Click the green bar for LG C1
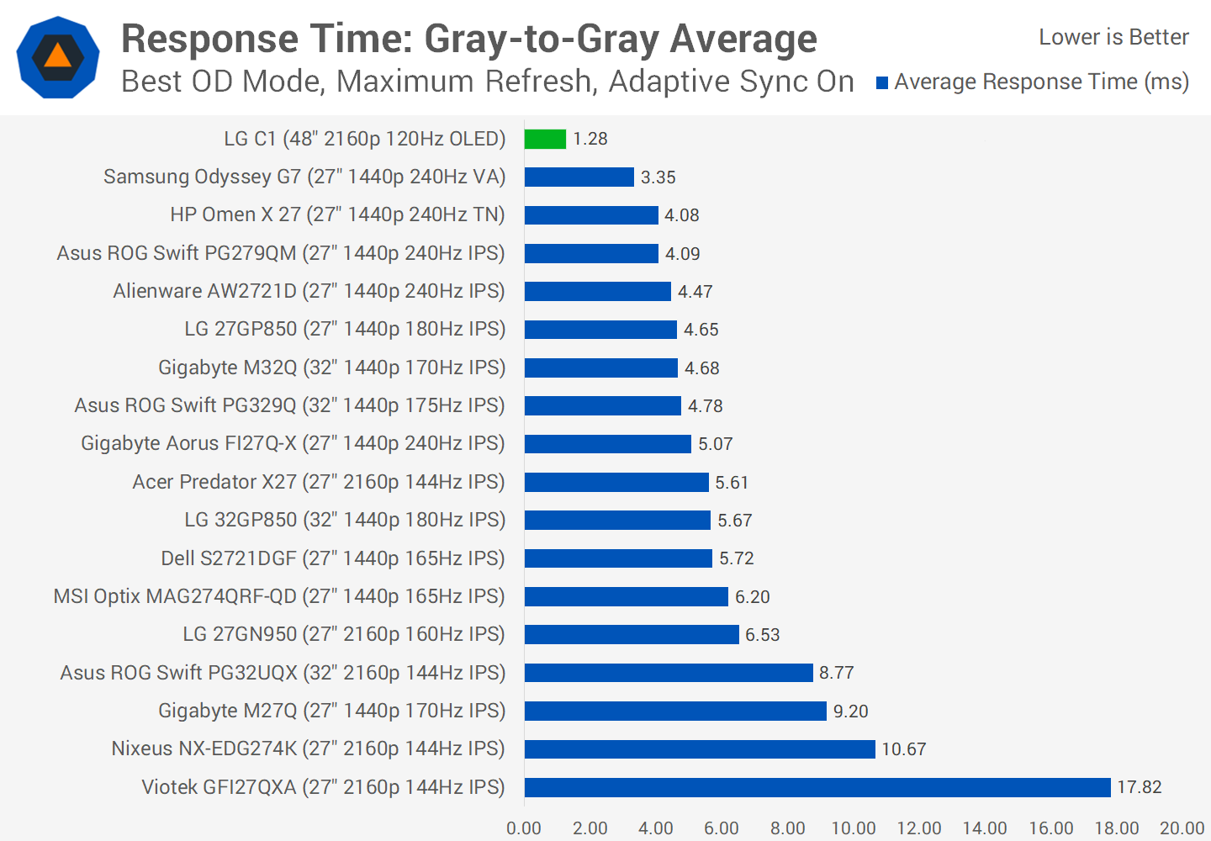[x=545, y=139]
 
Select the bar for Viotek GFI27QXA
[x=817, y=787]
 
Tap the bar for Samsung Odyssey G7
[x=579, y=177]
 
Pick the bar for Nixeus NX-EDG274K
[x=700, y=748]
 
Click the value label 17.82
[x=1140, y=787]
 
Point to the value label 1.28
[x=590, y=139]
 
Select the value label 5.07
[x=716, y=444]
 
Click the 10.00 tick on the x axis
[x=854, y=828]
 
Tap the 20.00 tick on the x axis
[x=1182, y=828]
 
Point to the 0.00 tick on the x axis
[x=524, y=828]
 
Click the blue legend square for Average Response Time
[x=882, y=82]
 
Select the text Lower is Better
[x=1113, y=37]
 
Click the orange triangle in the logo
[x=57, y=56]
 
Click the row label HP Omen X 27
[x=337, y=214]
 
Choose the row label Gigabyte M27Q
[x=331, y=711]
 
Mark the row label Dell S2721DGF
[x=333, y=558]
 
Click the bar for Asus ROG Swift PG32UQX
[x=669, y=673]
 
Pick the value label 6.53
[x=763, y=635]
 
